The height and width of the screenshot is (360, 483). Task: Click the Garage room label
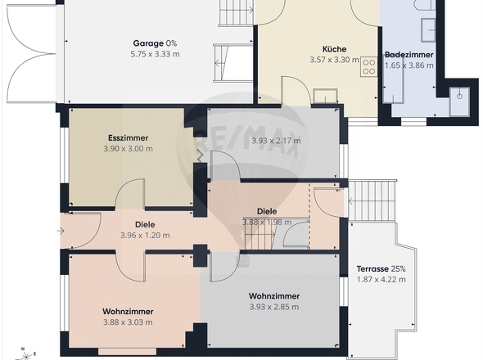tap(148, 43)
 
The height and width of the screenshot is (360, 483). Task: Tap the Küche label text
tap(334, 49)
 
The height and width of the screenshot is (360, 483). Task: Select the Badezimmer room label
tap(409, 55)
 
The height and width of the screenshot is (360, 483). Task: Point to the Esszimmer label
tap(129, 138)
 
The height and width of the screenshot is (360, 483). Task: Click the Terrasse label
tap(372, 269)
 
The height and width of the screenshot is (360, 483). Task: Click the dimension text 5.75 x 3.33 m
tap(155, 54)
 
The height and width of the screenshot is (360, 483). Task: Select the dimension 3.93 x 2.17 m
tap(276, 141)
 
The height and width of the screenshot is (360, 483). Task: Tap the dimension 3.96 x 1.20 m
tap(145, 236)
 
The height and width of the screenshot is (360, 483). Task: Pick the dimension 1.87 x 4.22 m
tap(381, 280)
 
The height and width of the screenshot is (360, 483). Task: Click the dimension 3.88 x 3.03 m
tap(128, 322)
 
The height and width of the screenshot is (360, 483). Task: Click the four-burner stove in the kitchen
tap(368, 67)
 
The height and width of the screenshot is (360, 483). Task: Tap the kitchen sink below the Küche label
tap(325, 96)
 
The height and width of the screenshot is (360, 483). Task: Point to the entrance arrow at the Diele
tap(61, 231)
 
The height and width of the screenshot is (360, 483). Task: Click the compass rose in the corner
tap(26, 355)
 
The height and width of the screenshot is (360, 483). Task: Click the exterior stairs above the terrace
tap(372, 201)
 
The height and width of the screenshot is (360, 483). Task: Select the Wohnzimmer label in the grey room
tap(274, 296)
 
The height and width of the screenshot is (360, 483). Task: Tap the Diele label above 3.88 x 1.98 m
tap(267, 212)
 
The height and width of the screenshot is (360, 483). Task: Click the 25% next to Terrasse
tap(399, 269)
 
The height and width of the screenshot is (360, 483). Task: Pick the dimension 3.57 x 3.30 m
tap(334, 60)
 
